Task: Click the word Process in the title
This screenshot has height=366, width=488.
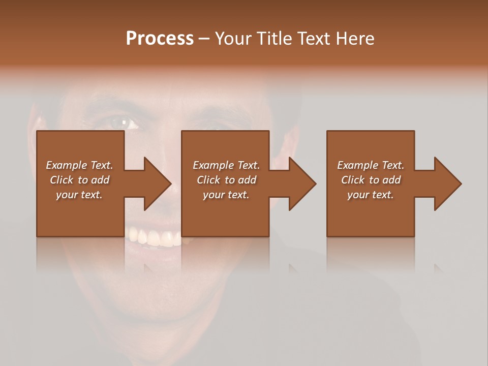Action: point(160,39)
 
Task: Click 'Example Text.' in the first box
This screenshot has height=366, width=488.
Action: point(79,165)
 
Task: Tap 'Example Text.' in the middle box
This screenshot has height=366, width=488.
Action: point(226,165)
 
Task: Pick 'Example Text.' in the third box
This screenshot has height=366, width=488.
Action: point(371,165)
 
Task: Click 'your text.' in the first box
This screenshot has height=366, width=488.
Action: point(79,195)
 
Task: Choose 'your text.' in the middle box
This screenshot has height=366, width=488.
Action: point(226,195)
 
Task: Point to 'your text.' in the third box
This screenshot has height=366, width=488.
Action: point(371,195)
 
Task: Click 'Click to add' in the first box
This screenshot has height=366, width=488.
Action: point(79,180)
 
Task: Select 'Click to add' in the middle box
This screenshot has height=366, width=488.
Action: point(226,180)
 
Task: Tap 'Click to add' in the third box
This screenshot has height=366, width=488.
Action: point(371,180)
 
